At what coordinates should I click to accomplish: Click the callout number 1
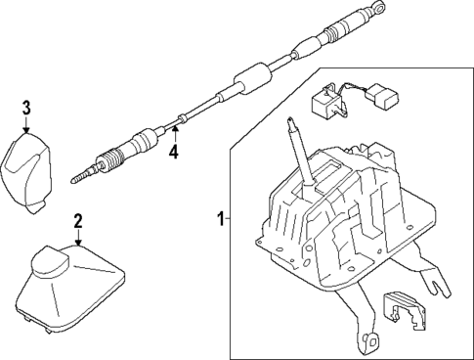pos(220,217)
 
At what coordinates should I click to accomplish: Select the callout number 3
pos(26,107)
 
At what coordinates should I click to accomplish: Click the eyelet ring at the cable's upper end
pos(375,13)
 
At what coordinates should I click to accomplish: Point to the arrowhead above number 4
pos(174,128)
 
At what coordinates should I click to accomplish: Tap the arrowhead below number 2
pos(77,241)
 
